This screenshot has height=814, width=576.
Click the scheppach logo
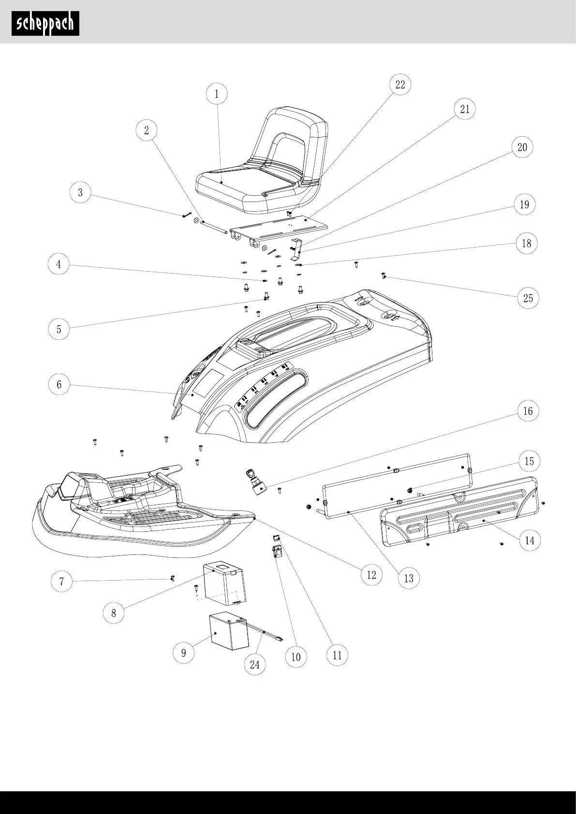[x=45, y=23]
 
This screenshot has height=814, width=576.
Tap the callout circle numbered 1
[x=217, y=94]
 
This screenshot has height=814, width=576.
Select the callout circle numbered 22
[x=400, y=85]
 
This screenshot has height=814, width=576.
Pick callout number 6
[x=59, y=385]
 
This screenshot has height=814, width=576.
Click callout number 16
[x=528, y=411]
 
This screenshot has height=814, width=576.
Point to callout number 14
[x=530, y=540]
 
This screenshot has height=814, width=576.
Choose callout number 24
[x=255, y=665]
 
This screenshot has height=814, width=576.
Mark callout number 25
[x=528, y=298]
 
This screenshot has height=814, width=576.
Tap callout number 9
[x=184, y=653]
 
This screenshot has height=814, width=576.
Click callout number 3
[x=80, y=193]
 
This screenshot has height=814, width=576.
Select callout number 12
[x=371, y=575]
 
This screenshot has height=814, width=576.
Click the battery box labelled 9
[x=228, y=632]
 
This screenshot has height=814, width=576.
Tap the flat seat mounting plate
[x=281, y=226]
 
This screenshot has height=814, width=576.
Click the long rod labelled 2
[x=215, y=227]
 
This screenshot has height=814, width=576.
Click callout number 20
[x=522, y=147]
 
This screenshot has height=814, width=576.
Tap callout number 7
[x=61, y=581]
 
